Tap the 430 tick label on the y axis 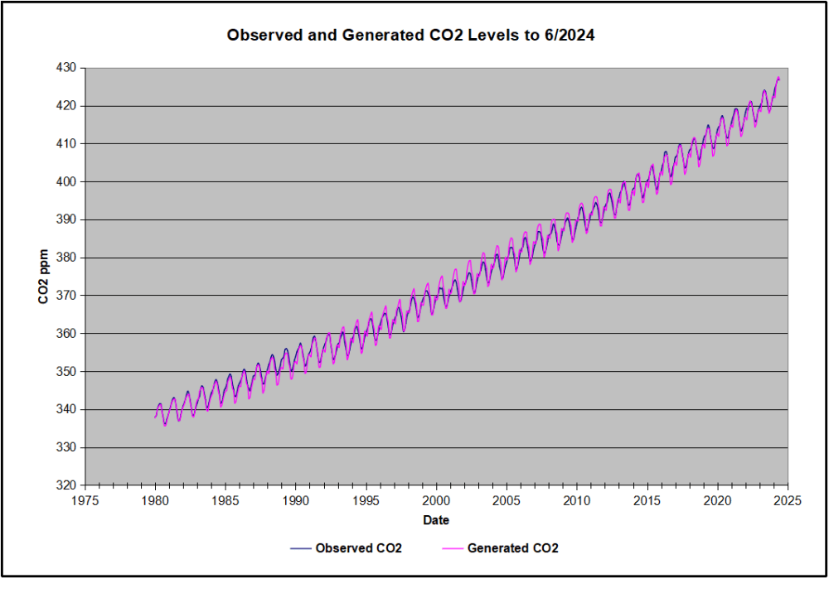pos(65,68)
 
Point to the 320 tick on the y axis pos(65,485)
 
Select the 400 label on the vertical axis pos(65,181)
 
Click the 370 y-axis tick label pos(65,296)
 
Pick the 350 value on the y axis pos(65,372)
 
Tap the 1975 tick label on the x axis pos(85,501)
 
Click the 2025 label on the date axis pos(788,501)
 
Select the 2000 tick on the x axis pos(436,501)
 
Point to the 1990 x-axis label pos(296,501)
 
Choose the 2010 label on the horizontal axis pos(577,501)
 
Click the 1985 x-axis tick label pos(225,501)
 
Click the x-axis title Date pos(436,520)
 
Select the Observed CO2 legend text pos(358,548)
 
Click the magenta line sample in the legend pos(449,549)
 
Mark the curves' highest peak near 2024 pos(778,78)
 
